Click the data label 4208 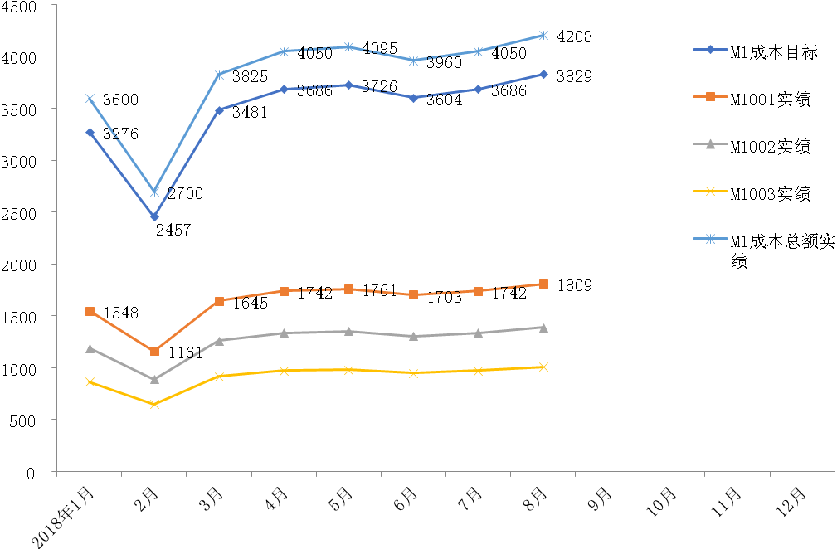pyautogui.click(x=574, y=36)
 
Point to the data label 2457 pyautogui.click(x=173, y=230)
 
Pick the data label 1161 pyautogui.click(x=186, y=353)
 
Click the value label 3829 pyautogui.click(x=576, y=76)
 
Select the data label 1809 pyautogui.click(x=575, y=286)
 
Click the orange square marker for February pyautogui.click(x=154, y=352)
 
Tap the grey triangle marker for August pyautogui.click(x=543, y=328)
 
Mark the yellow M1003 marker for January pyautogui.click(x=90, y=382)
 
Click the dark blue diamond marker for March pyautogui.click(x=219, y=110)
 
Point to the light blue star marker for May pyautogui.click(x=349, y=47)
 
